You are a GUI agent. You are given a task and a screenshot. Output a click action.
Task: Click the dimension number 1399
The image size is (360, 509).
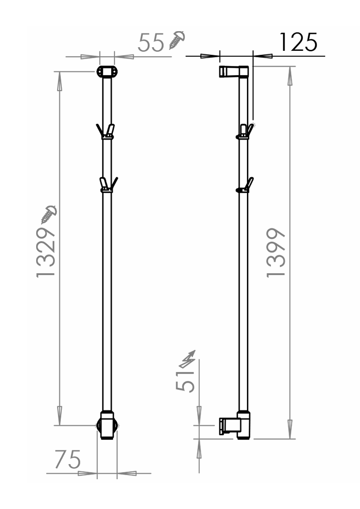[x=276, y=253]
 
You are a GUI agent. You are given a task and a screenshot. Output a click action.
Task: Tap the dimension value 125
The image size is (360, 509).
[x=298, y=42]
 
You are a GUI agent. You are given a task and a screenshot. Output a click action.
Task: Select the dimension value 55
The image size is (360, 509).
[x=151, y=43]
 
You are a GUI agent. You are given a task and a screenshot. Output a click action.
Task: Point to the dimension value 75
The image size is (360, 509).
[x=67, y=459]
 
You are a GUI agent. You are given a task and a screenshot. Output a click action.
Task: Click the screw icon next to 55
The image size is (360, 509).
[x=177, y=40]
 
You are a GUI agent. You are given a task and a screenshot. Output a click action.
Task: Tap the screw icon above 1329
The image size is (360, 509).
[x=49, y=215]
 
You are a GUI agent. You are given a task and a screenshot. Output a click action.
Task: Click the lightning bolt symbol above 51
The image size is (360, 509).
[x=188, y=359]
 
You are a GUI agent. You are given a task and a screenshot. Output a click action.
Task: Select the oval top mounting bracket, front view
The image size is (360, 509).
[x=107, y=71]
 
